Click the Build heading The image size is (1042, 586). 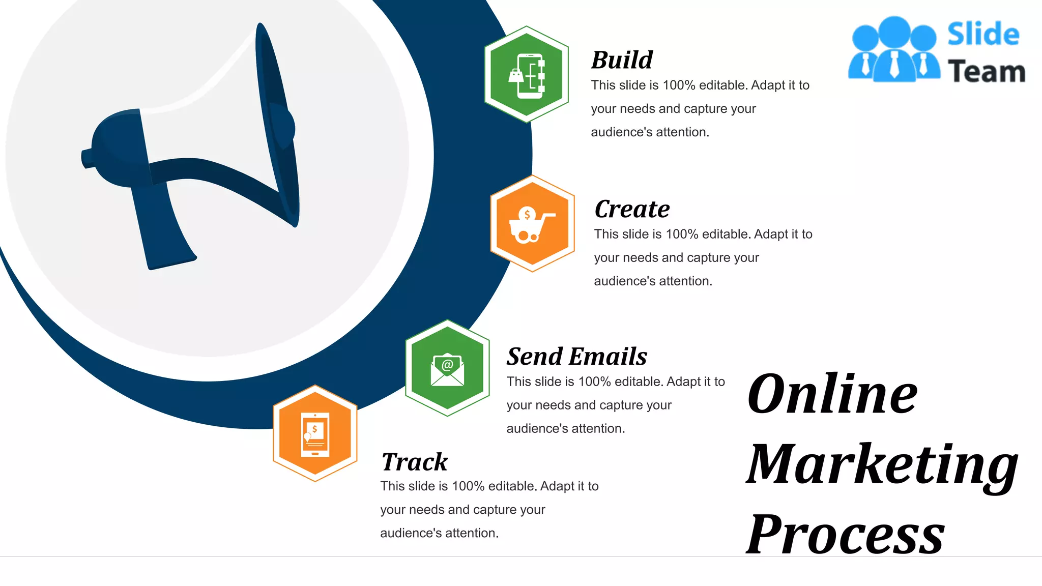[622, 60]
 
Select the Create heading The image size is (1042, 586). [632, 209]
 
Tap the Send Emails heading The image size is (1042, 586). [576, 356]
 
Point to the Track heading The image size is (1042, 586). [414, 462]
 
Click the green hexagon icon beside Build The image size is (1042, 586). [527, 75]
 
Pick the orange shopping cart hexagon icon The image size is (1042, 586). [532, 224]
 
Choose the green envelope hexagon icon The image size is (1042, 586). [447, 368]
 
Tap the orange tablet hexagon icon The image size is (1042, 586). [315, 433]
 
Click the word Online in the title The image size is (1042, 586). [832, 394]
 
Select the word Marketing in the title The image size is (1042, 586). [882, 464]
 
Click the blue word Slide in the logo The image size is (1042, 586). [983, 35]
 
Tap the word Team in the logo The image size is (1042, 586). [986, 71]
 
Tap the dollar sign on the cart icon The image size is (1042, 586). [527, 214]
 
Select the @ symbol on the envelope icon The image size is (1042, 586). [447, 364]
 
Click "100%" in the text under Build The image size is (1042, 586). [679, 85]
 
